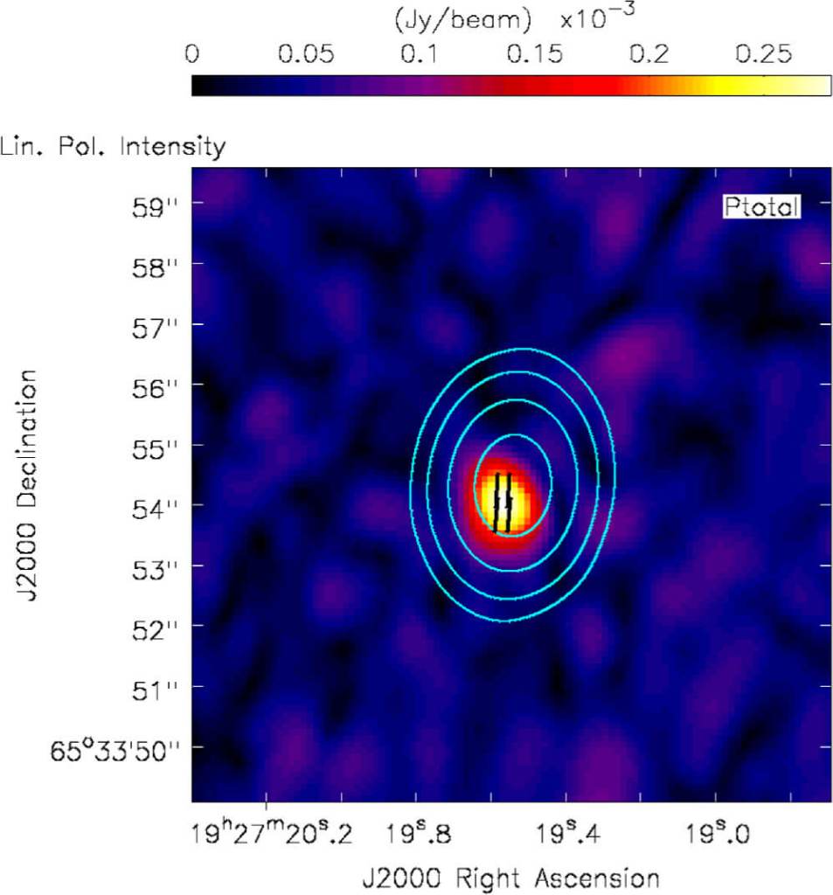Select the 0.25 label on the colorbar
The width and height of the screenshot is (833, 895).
pyautogui.click(x=763, y=54)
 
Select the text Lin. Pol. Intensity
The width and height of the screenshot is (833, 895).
pyautogui.click(x=114, y=146)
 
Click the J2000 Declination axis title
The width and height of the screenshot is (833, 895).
pyautogui.click(x=26, y=485)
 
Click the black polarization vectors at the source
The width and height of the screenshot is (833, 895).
pyautogui.click(x=503, y=503)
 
